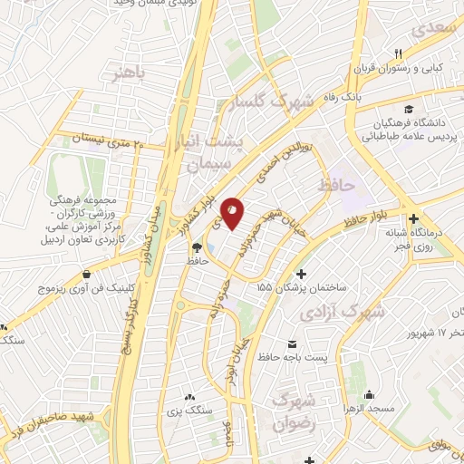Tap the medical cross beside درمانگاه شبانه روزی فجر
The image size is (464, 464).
[x=413, y=218]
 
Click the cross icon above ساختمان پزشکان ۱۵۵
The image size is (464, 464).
[x=302, y=274]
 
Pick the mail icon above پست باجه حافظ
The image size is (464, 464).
[x=292, y=344]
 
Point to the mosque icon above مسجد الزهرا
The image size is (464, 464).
[x=369, y=395]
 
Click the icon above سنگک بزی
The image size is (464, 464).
[x=188, y=397]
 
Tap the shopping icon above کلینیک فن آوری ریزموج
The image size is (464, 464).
[x=86, y=274]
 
